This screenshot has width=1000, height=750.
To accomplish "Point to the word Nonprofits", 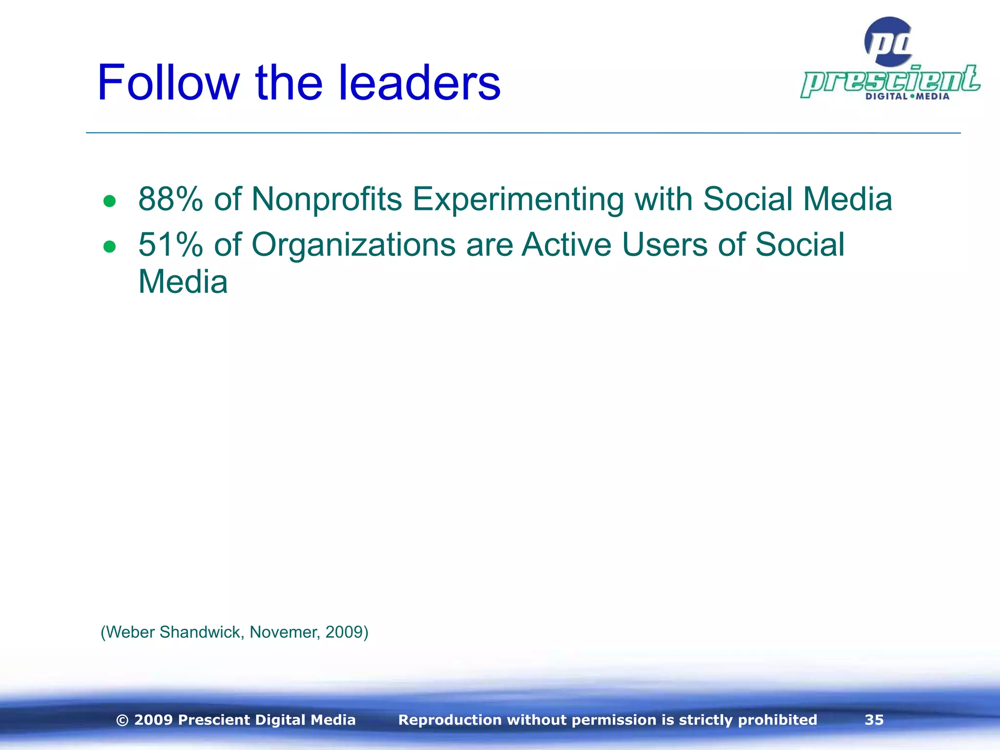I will (327, 199).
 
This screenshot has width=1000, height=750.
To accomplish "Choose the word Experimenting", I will (518, 199).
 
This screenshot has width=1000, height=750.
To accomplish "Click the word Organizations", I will (354, 244).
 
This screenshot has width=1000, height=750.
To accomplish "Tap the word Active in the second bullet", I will (566, 244).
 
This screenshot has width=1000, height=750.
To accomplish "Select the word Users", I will (665, 244).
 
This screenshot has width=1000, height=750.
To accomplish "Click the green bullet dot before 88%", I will (109, 201).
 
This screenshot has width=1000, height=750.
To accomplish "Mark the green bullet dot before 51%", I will (109, 247).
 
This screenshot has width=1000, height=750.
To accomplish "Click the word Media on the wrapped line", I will (183, 282).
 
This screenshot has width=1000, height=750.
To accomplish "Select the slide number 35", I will (874, 720).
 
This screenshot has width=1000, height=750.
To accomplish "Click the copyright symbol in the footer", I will (123, 720).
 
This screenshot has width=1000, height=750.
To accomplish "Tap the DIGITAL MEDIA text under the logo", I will (907, 96).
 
